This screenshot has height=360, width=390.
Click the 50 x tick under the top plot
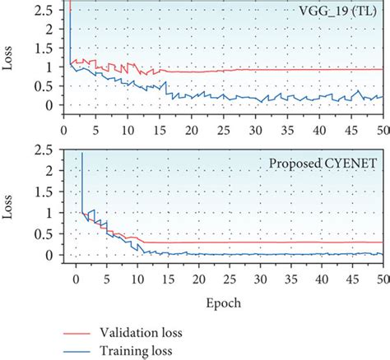click(x=382, y=130)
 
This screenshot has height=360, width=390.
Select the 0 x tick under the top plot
click(x=64, y=130)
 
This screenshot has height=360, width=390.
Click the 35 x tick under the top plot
click(x=286, y=130)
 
